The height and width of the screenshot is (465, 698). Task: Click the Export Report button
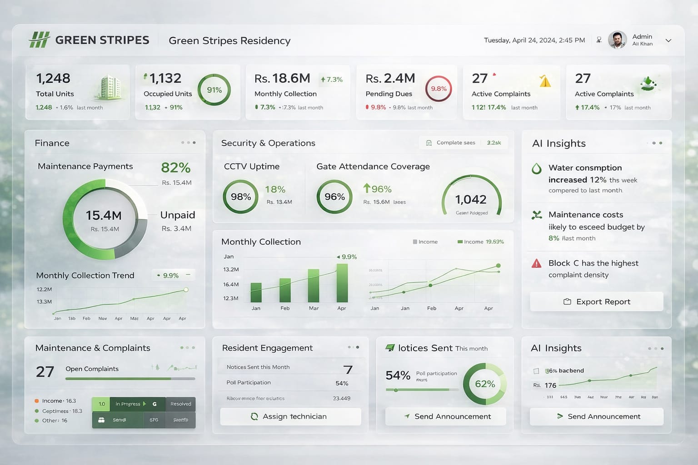596,302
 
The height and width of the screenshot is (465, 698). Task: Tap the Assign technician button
290,416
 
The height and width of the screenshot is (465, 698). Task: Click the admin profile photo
617,40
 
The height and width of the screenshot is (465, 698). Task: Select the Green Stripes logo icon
39,40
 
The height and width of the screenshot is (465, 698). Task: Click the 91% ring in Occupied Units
214,90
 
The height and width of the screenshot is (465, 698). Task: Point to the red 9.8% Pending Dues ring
439,89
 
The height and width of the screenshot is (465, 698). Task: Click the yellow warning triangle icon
545,81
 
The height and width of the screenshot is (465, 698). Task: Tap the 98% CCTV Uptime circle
240,197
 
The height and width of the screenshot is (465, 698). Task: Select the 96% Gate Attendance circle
334,197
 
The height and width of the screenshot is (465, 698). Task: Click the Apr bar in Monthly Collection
342,283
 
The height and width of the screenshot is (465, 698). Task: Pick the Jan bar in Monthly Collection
256,292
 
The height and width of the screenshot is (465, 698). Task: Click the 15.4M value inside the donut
104,215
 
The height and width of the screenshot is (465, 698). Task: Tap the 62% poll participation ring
484,384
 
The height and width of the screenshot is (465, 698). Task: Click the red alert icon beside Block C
537,263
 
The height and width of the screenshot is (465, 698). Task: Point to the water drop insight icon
537,169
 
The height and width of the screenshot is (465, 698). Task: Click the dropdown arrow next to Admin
668,40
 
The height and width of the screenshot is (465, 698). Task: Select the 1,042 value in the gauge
471,199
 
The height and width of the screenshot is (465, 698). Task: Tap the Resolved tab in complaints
180,404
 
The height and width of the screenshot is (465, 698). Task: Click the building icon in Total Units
109,87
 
